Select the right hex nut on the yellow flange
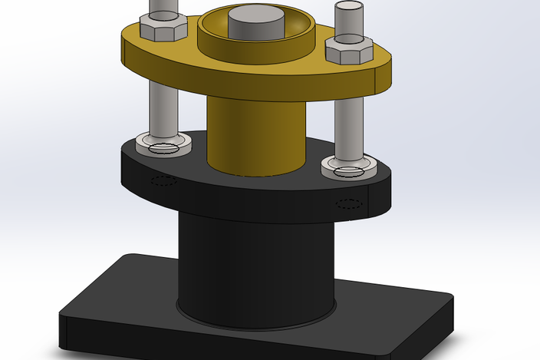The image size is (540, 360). [349, 51]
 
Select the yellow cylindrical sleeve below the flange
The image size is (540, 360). [255, 134]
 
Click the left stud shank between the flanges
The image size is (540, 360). [163, 107]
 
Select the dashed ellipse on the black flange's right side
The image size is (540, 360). [349, 204]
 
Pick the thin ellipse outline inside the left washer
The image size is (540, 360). [163, 149]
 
